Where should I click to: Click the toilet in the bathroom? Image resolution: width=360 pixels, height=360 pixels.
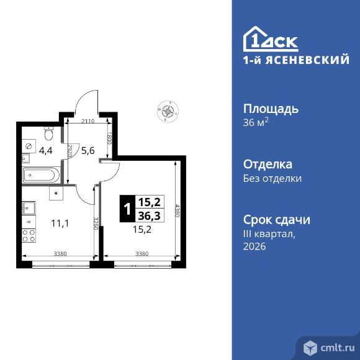click(48, 133)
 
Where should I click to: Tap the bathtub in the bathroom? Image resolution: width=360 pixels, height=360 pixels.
click(42, 175)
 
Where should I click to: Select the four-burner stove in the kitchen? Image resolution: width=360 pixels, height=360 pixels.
click(29, 236)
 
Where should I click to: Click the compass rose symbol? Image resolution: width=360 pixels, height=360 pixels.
click(168, 111)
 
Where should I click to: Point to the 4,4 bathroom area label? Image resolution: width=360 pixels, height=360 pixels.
click(46, 151)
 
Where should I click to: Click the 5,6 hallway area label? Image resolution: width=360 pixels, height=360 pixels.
click(88, 151)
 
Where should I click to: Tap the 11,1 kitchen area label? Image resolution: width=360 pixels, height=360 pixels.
click(60, 223)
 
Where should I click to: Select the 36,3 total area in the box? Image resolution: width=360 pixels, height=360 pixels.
click(150, 216)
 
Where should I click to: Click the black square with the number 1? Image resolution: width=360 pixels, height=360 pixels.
click(127, 209)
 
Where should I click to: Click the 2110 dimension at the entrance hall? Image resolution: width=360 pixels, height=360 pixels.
click(88, 121)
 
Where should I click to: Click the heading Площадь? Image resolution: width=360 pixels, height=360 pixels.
click(271, 109)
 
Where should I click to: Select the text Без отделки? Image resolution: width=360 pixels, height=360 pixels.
click(272, 179)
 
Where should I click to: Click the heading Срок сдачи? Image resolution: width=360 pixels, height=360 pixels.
click(277, 220)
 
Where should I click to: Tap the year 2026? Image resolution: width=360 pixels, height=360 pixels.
click(254, 246)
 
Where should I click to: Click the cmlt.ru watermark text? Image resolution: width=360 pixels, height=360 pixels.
click(338, 348)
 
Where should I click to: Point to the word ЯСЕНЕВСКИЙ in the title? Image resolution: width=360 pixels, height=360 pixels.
click(307, 60)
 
